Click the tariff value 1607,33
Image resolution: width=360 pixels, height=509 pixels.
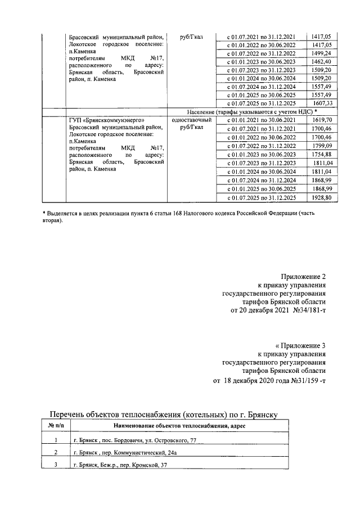[326, 103]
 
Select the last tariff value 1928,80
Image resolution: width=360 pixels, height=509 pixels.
[326, 198]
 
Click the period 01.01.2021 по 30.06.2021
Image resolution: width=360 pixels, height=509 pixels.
[260, 120]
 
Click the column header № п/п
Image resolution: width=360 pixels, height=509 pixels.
[56, 426]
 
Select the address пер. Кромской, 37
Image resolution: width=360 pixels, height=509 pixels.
[140, 465]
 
